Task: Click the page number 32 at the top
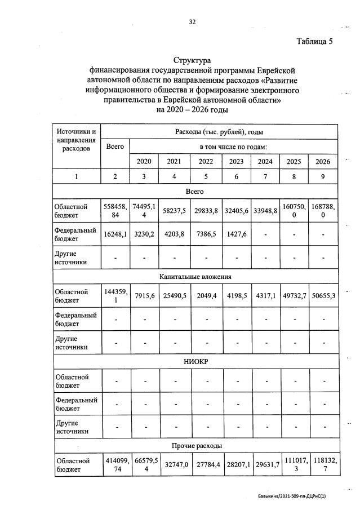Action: point(192,22)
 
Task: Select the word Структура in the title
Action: point(192,60)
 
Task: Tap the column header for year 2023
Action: point(235,161)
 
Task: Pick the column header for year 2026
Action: point(323,161)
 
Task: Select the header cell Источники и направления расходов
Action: point(76,141)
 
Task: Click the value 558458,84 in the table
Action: point(115,211)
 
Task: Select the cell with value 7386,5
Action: point(206,237)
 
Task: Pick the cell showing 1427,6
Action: point(235,237)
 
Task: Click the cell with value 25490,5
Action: point(174,296)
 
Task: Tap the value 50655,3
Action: point(323,296)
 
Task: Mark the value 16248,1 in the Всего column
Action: point(115,237)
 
